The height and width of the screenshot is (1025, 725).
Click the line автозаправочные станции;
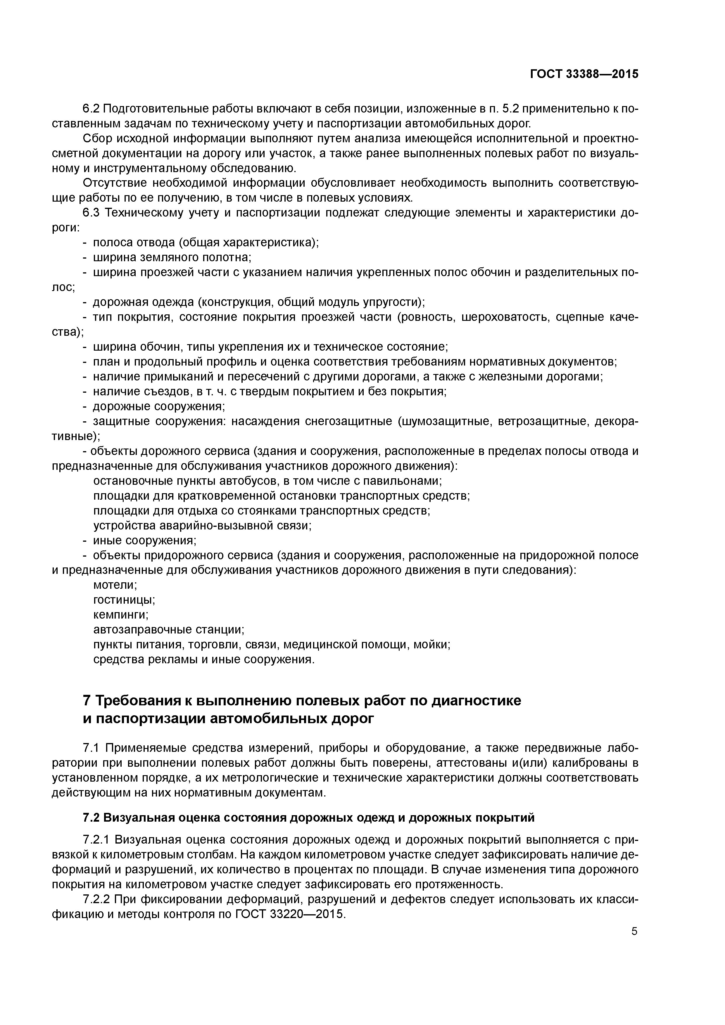pos(169,629)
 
